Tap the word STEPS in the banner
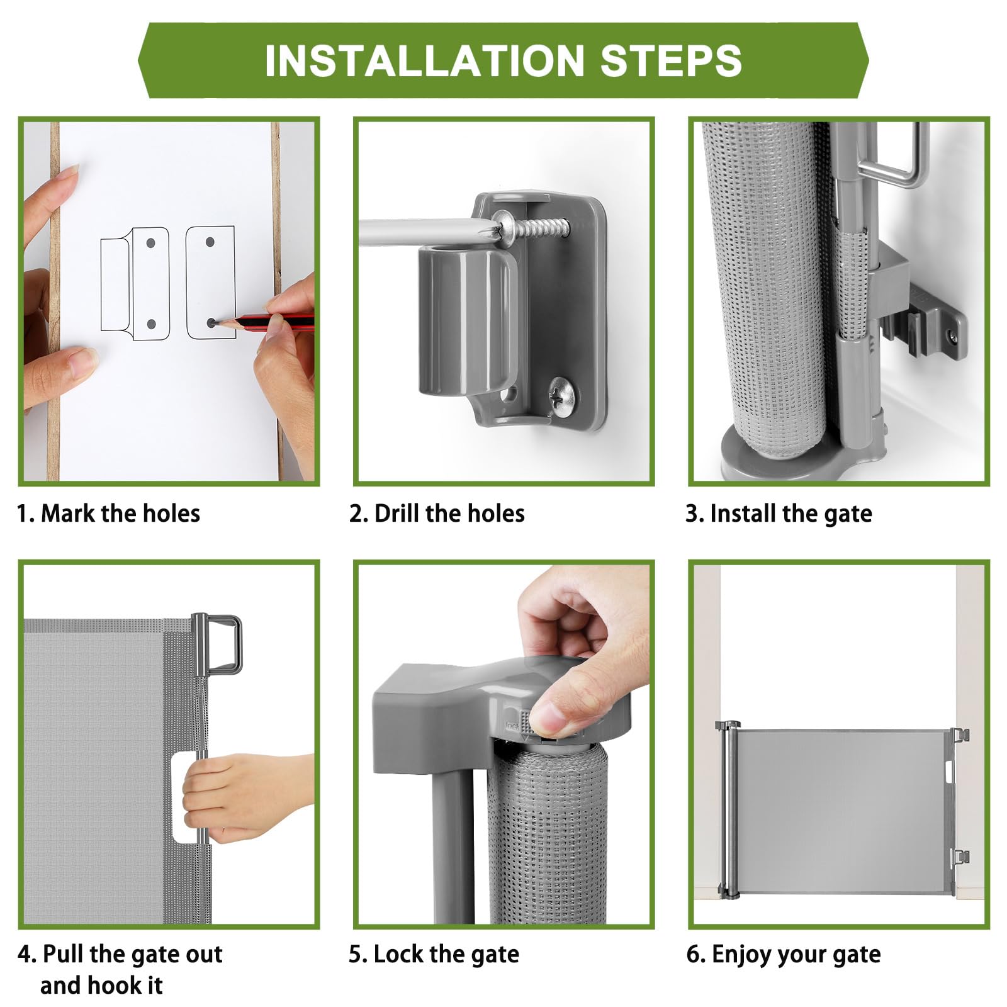(x=672, y=60)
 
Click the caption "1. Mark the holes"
(x=108, y=514)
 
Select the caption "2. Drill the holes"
(x=437, y=514)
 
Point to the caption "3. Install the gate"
(x=779, y=514)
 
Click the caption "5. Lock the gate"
(x=434, y=955)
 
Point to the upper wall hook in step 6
(x=960, y=735)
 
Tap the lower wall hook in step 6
(x=960, y=857)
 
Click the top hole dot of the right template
(x=211, y=242)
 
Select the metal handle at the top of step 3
(x=894, y=155)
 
